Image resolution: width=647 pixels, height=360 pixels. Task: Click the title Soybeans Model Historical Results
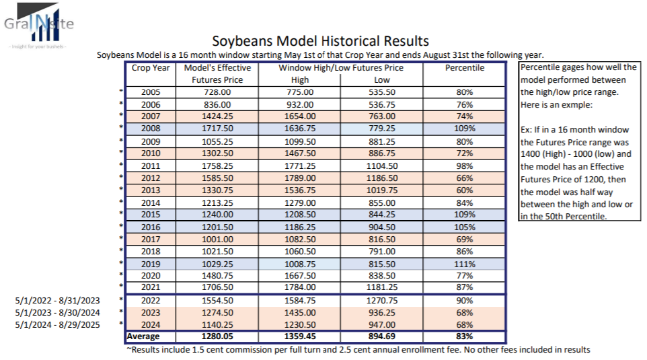320,42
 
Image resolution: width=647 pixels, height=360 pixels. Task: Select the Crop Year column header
150,68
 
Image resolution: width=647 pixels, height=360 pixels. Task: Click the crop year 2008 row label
150,128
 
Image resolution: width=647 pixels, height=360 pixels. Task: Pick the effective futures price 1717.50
217,128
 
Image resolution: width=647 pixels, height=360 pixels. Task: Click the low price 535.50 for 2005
381,92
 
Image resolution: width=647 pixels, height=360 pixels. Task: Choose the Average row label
146,336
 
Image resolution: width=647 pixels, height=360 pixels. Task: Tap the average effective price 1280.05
217,336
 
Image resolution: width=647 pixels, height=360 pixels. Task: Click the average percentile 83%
463,336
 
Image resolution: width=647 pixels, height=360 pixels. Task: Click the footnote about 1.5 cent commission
358,349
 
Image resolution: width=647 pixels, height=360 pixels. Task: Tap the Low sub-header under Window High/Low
381,80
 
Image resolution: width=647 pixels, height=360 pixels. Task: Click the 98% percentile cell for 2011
463,165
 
